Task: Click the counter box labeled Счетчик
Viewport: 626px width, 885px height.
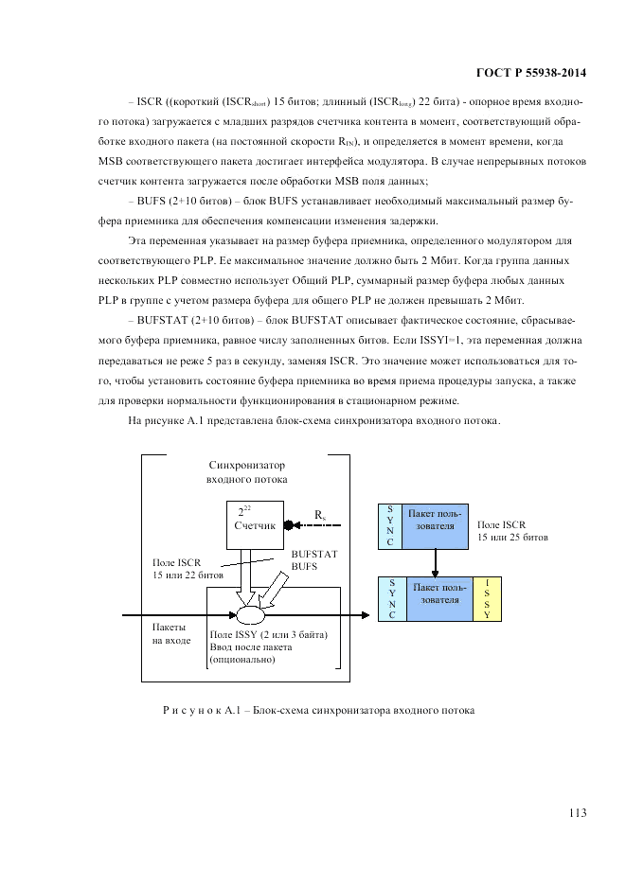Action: click(x=254, y=523)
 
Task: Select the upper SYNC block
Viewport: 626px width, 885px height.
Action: click(x=390, y=526)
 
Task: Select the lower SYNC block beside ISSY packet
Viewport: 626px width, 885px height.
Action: click(x=390, y=599)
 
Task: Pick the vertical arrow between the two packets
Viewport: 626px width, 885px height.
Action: click(x=436, y=562)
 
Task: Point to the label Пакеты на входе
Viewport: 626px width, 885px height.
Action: click(x=171, y=633)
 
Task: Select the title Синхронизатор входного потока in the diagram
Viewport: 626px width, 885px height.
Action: click(x=246, y=472)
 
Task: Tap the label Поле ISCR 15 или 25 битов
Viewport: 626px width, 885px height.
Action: click(x=512, y=530)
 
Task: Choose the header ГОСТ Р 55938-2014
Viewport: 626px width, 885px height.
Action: click(x=527, y=71)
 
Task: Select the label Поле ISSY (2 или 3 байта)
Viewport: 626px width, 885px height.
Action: click(x=269, y=634)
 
